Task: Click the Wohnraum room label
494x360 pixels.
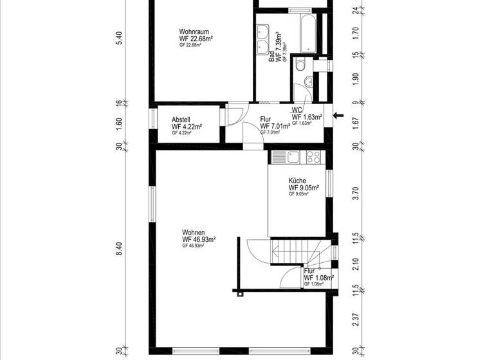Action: pyautogui.click(x=193, y=32)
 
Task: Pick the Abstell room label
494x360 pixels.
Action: pyautogui.click(x=181, y=120)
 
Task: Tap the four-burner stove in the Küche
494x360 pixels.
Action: pyautogui.click(x=314, y=156)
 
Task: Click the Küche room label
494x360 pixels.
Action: pyautogui.click(x=297, y=181)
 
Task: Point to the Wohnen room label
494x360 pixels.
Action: pyautogui.click(x=194, y=232)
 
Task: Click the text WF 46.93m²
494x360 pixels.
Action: pyautogui.click(x=198, y=239)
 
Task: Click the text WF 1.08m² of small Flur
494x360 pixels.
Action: pyautogui.click(x=320, y=278)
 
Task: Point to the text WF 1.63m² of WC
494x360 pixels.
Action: pyautogui.click(x=307, y=117)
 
